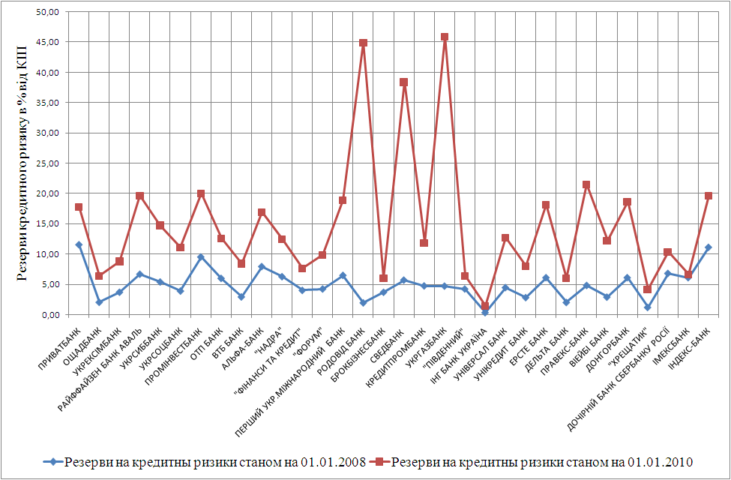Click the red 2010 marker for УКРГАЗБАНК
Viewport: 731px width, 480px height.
point(445,37)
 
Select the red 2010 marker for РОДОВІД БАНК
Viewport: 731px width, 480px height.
point(363,43)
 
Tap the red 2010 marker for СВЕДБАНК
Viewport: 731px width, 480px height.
point(403,82)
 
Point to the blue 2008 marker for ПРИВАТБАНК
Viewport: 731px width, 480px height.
point(79,244)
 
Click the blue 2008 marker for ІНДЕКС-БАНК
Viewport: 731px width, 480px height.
point(708,247)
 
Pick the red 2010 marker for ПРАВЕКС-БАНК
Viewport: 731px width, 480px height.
point(586,184)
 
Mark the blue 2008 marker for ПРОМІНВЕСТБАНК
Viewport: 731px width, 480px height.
point(200,257)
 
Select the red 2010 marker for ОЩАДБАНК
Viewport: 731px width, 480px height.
point(99,276)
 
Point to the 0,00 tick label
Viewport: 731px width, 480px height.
point(50,314)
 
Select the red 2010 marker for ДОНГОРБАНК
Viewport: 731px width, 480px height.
point(627,202)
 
